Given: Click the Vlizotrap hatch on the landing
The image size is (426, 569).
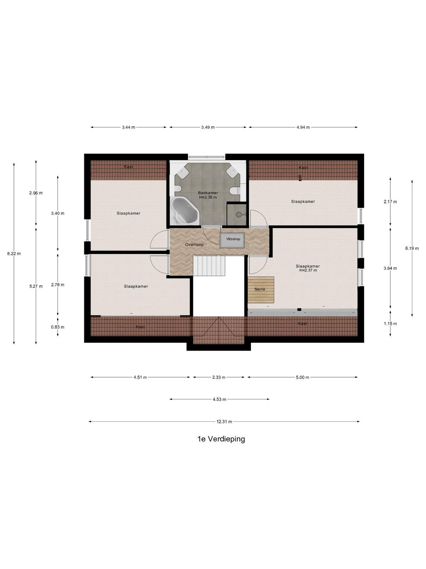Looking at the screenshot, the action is coord(232,240).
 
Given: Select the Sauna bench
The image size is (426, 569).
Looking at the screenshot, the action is coord(261,289).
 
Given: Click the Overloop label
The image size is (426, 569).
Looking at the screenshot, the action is coord(194,244).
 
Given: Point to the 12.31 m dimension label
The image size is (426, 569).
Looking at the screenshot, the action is coord(224,421).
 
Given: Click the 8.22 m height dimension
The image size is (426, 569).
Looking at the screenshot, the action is coord(14,254).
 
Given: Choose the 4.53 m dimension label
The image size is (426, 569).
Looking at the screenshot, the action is coord(219,399).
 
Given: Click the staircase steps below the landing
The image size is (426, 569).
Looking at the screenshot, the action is coord(209,266).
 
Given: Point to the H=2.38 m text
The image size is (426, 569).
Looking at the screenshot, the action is coord(208,197).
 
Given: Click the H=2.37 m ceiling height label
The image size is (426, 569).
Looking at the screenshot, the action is coord(308,270).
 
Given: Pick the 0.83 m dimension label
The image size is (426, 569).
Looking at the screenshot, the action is coord(58,327).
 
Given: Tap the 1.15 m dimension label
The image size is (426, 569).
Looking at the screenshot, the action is coord(390,324).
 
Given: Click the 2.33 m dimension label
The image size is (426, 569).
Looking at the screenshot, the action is coord(219,377).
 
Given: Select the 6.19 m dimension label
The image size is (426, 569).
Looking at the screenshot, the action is coord(412,248).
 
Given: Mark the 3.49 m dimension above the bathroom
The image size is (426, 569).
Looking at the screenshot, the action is coord(208,127).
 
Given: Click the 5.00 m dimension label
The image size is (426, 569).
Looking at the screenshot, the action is coord(302,377).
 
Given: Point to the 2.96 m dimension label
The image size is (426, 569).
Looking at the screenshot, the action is coord(36,193).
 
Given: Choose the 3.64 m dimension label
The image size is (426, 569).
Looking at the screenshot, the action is coord(390,268).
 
